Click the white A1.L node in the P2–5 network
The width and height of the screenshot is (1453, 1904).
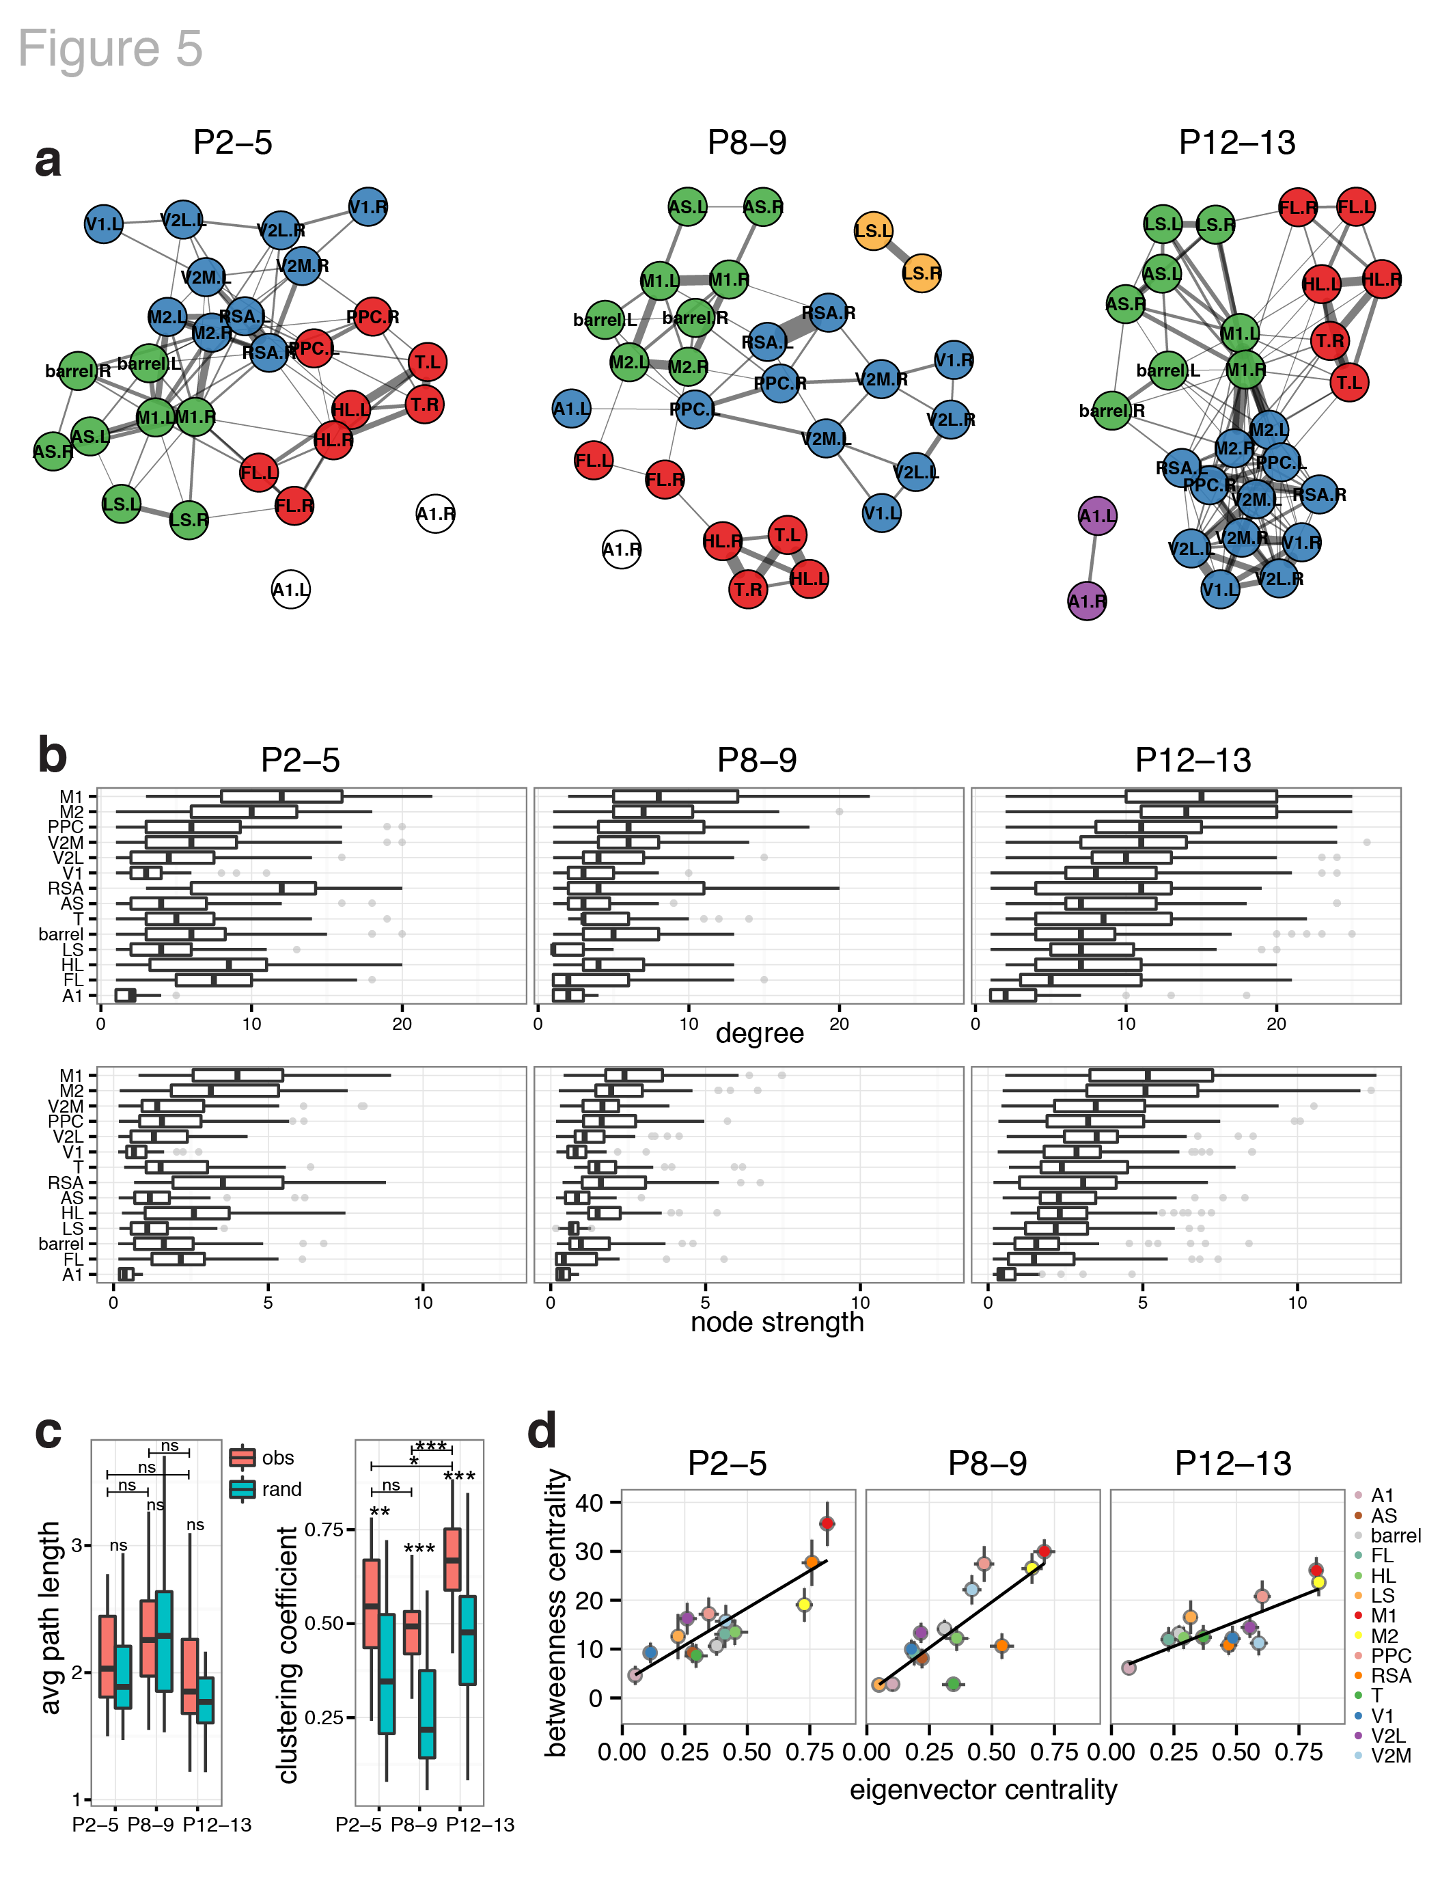tap(290, 590)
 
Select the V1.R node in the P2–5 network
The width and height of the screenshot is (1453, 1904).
tap(368, 208)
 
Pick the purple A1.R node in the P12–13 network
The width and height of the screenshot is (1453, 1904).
tap(1087, 601)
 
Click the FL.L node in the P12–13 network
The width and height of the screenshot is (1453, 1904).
tap(1355, 207)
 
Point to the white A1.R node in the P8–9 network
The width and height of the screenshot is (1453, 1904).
tap(621, 549)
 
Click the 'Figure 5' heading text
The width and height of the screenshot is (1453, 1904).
tap(111, 49)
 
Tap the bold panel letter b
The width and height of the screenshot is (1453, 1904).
tap(52, 755)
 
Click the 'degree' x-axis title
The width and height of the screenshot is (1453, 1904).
tap(760, 1034)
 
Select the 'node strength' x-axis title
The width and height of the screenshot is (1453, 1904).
tap(777, 1322)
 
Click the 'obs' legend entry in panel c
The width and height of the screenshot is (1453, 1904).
tap(277, 1458)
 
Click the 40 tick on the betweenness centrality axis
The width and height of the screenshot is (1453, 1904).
tap(590, 1503)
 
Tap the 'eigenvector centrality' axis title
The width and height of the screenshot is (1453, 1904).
tap(984, 1789)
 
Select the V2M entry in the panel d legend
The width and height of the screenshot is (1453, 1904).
tap(1390, 1756)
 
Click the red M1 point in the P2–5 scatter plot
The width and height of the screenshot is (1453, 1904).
tap(827, 1523)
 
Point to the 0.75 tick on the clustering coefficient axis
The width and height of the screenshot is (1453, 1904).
tap(324, 1529)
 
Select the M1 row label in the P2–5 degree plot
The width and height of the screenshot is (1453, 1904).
tap(71, 797)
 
